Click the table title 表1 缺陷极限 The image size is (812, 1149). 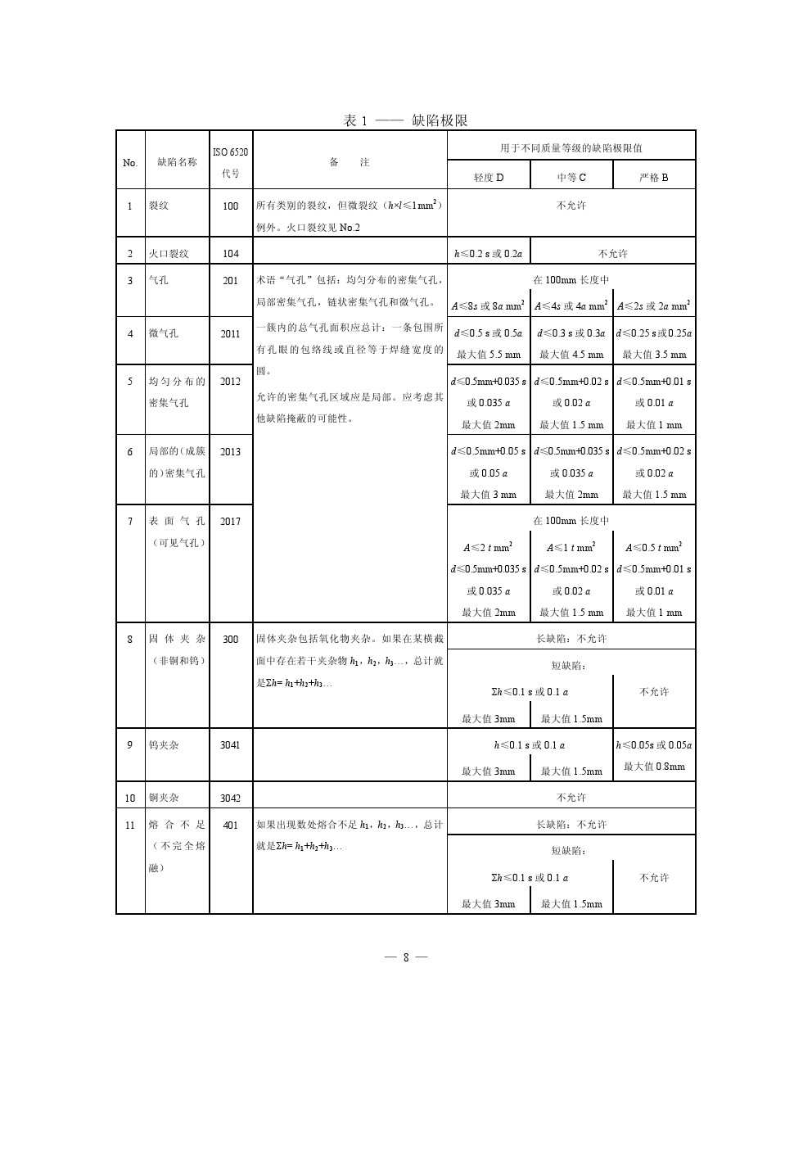405,120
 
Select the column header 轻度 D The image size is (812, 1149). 489,177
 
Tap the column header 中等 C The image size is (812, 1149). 571,177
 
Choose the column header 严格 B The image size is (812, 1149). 653,177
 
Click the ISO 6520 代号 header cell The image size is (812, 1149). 231,162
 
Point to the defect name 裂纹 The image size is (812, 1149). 159,206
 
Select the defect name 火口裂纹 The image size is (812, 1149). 169,253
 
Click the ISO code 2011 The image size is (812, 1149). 231,333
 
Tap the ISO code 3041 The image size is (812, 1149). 231,745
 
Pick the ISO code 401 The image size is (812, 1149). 231,825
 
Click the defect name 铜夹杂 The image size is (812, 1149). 164,798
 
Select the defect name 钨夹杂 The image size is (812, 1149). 164,745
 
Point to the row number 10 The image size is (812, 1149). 130,798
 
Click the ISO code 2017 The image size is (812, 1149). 231,521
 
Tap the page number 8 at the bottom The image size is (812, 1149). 405,957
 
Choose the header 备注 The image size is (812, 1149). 350,162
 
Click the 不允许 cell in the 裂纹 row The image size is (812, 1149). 571,205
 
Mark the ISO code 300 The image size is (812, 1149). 231,639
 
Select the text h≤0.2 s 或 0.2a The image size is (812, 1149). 489,253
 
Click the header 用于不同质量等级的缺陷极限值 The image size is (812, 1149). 571,147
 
